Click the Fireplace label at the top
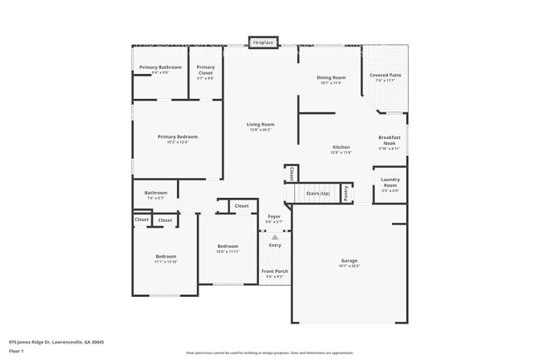263,41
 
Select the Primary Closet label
205,70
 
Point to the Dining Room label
331,78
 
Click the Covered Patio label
385,75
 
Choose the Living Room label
260,125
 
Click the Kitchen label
341,147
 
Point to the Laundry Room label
390,181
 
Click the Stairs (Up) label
318,193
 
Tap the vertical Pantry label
345,193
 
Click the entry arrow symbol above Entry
274,237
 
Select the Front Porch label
274,272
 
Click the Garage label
350,260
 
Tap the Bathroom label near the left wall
156,193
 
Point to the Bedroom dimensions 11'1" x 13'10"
166,262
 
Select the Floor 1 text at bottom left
17,351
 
